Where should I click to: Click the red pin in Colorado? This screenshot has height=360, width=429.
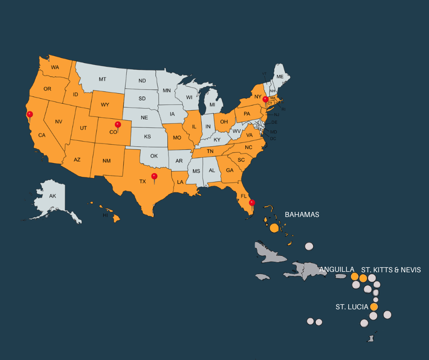click(x=118, y=125)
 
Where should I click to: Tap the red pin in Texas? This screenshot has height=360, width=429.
click(x=154, y=176)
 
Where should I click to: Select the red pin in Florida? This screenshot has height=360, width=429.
click(x=252, y=203)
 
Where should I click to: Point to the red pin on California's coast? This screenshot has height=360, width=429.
click(x=30, y=114)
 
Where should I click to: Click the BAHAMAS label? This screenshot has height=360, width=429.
click(x=302, y=214)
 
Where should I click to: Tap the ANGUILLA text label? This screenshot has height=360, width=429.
click(x=336, y=270)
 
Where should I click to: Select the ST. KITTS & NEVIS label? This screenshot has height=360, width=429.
click(x=391, y=270)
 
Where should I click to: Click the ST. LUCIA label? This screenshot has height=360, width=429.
click(x=352, y=307)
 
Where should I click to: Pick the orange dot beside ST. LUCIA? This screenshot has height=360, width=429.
click(x=374, y=307)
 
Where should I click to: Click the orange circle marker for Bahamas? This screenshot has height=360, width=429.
click(x=274, y=228)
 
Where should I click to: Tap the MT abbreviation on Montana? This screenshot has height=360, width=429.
click(x=103, y=79)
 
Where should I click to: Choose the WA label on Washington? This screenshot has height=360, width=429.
click(x=55, y=68)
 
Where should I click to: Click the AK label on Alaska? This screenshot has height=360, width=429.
click(x=52, y=196)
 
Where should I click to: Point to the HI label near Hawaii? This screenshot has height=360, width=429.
click(x=105, y=215)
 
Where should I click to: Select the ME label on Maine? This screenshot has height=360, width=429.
click(x=280, y=76)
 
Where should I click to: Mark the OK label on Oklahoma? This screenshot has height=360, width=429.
click(x=154, y=156)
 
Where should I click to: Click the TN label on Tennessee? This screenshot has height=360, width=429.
click(x=210, y=151)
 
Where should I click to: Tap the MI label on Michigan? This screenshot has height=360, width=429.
click(x=212, y=105)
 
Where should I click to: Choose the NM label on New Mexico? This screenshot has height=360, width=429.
click(x=106, y=160)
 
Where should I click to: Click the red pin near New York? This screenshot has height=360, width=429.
click(x=265, y=99)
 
